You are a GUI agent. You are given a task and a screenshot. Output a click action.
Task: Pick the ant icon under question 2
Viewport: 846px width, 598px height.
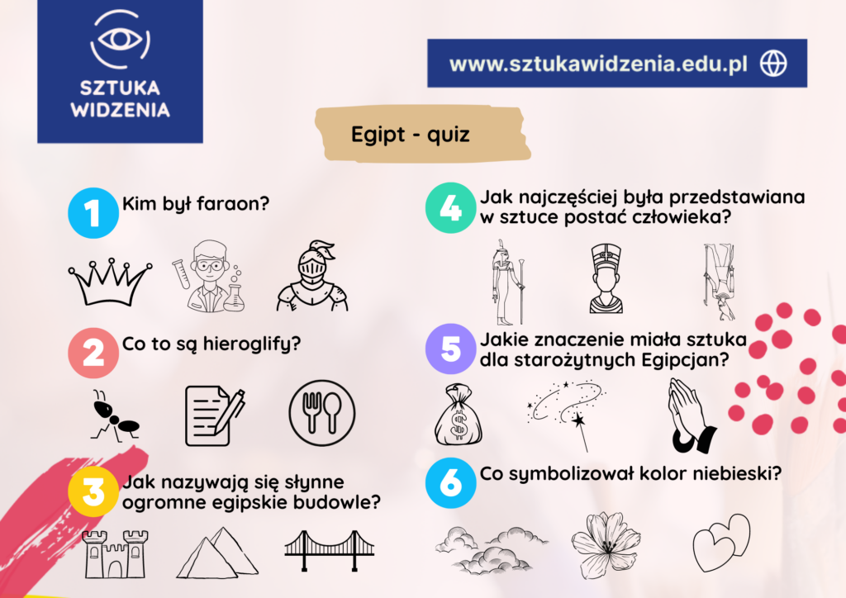114,415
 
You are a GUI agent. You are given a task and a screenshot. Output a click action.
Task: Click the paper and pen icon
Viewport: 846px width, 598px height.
214,415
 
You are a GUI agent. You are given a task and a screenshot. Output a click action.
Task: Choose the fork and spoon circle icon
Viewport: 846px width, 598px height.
322,413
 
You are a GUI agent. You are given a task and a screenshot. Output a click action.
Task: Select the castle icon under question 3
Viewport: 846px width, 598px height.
116,553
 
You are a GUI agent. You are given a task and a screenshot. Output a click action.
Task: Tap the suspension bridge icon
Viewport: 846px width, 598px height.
329,550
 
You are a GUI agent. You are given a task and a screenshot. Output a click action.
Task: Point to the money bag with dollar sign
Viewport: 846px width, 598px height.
458,415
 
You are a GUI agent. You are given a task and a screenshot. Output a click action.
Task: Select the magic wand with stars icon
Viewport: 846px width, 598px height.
567,412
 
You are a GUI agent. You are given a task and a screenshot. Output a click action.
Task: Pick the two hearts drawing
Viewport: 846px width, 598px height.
722,543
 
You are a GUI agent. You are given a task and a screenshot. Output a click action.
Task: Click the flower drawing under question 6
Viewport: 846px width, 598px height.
606,545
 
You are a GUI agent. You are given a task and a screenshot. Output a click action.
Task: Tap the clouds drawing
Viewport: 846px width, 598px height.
491,549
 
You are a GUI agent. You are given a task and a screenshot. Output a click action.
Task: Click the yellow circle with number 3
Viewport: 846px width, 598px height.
93,491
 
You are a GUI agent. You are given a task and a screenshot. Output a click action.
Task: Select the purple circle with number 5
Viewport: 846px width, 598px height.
450,349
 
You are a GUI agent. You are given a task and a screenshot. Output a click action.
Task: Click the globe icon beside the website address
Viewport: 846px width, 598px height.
773,63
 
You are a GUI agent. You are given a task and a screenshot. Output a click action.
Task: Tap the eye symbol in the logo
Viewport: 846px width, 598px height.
120,39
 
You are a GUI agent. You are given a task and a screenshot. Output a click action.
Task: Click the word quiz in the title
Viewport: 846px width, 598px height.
449,135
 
